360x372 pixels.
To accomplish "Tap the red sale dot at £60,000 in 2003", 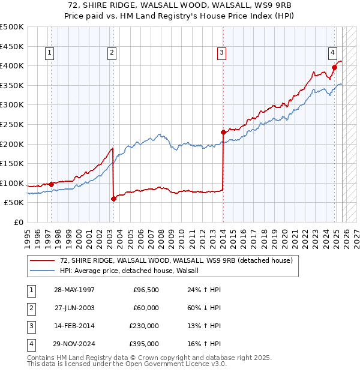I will click(113, 199).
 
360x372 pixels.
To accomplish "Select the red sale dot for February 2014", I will click(223, 132).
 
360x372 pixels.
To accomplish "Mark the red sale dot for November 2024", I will click(335, 67).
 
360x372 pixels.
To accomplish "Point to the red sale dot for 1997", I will click(52, 184).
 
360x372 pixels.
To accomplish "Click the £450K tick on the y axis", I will click(12, 46).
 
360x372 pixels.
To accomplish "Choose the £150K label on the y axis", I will click(12, 163).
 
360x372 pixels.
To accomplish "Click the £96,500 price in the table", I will click(146, 290).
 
